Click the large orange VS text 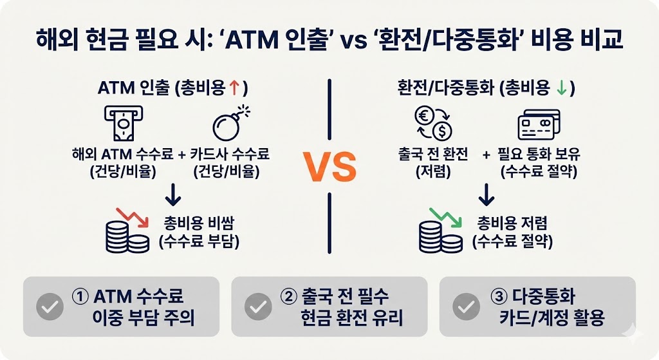pyautogui.click(x=329, y=166)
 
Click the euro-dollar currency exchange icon pyautogui.click(x=432, y=122)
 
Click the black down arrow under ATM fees pyautogui.click(x=173, y=192)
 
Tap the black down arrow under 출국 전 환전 pyautogui.click(x=488, y=192)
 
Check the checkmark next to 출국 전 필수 pyautogui.click(x=257, y=307)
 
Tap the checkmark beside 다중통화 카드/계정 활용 pyautogui.click(x=466, y=307)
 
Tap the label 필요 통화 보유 pyautogui.click(x=540, y=155)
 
